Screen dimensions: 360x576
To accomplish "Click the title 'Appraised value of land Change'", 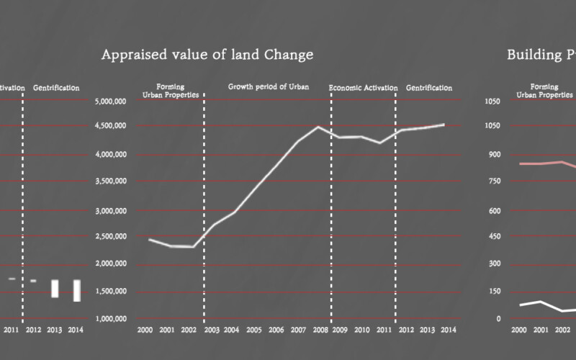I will (207, 55).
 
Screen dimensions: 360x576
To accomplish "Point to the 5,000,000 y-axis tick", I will (112, 102).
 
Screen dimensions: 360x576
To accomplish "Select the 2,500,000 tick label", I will (112, 236).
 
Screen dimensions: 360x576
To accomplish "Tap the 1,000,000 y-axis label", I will (112, 319).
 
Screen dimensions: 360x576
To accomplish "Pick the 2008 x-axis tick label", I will (318, 330).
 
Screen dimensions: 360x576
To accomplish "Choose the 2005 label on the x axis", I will (253, 330).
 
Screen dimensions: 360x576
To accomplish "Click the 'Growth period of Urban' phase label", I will (269, 87).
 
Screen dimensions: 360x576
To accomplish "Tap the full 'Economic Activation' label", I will (363, 88).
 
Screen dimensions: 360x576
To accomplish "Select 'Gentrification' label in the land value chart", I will (429, 88).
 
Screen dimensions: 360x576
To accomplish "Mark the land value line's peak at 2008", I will (318, 127).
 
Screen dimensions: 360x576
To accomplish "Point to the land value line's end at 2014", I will (444, 125).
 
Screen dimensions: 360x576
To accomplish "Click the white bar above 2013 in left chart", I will (55, 288).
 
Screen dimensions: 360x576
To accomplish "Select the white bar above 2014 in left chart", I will (76, 290).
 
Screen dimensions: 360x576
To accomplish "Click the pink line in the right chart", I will (540, 163).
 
